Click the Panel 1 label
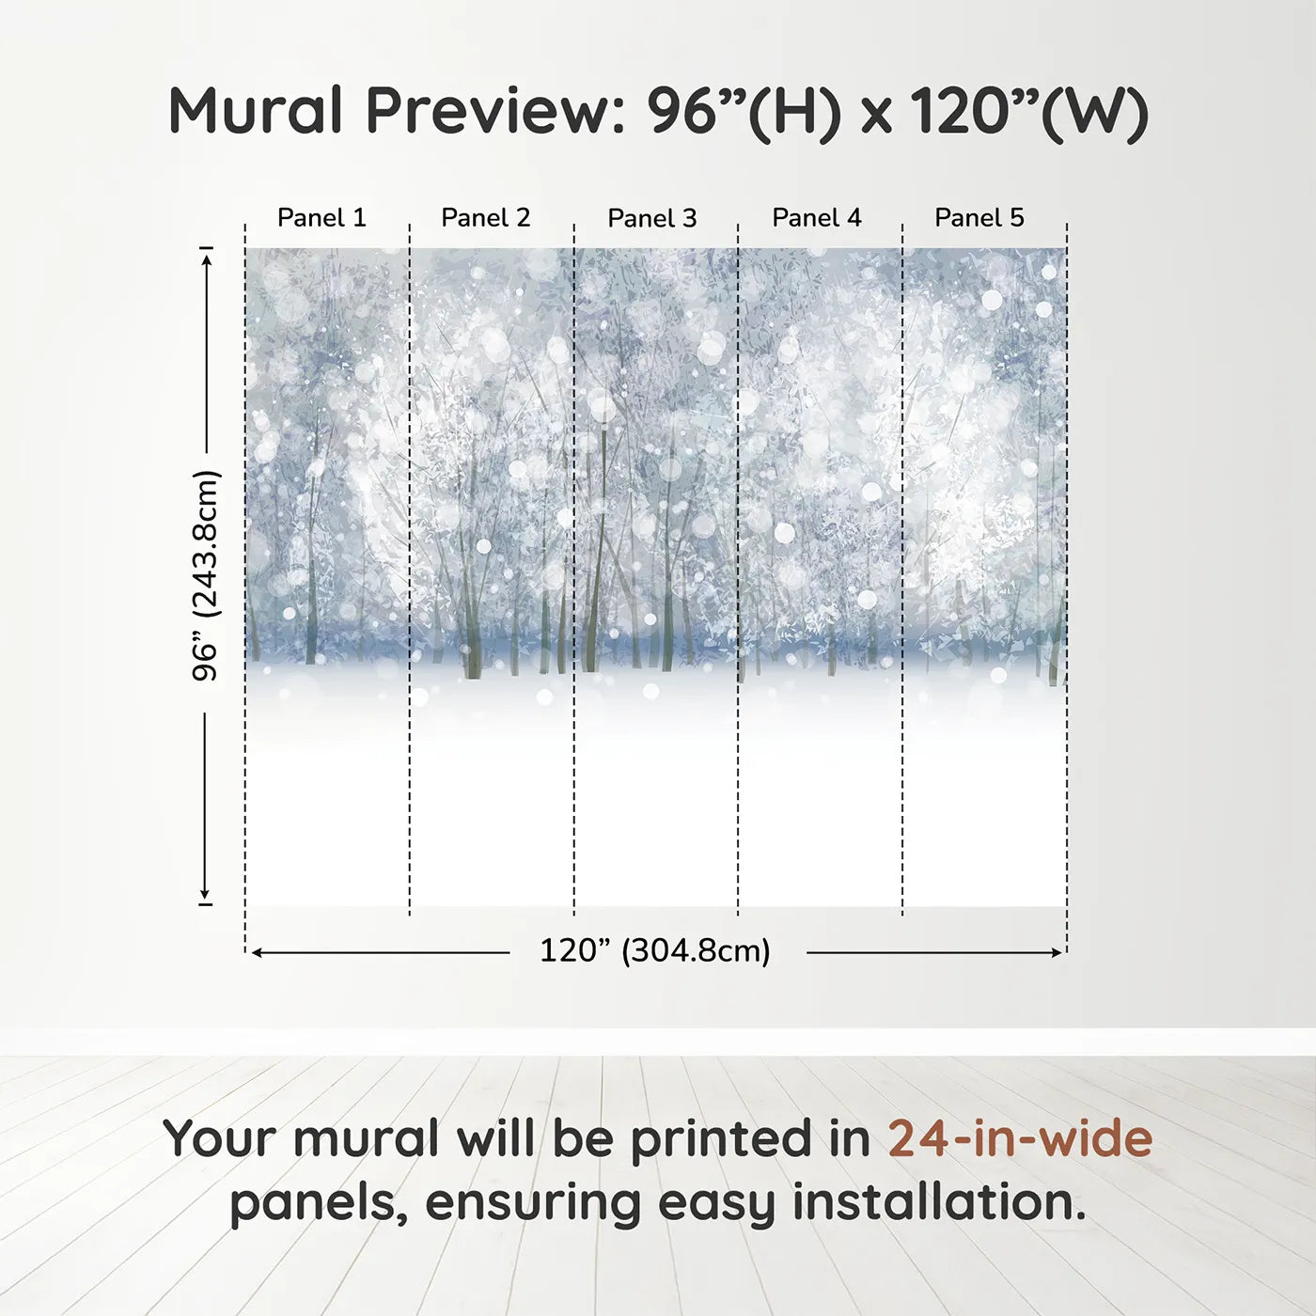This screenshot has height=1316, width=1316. click(321, 218)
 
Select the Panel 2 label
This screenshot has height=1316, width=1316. click(485, 218)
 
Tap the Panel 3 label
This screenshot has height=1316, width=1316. click(651, 218)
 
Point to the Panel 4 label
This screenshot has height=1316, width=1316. click(816, 218)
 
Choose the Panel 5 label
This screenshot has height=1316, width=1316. click(979, 218)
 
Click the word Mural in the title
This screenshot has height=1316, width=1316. click(256, 111)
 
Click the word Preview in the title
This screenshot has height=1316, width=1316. click(489, 111)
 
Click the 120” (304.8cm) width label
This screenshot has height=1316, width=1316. click(655, 951)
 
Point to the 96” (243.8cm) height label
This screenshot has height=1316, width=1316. click(205, 575)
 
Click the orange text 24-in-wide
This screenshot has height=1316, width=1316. click(1020, 1138)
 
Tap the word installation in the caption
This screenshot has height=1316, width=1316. click(938, 1202)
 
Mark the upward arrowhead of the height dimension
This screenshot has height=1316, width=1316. click(206, 255)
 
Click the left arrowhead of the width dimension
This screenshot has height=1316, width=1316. click(257, 952)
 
